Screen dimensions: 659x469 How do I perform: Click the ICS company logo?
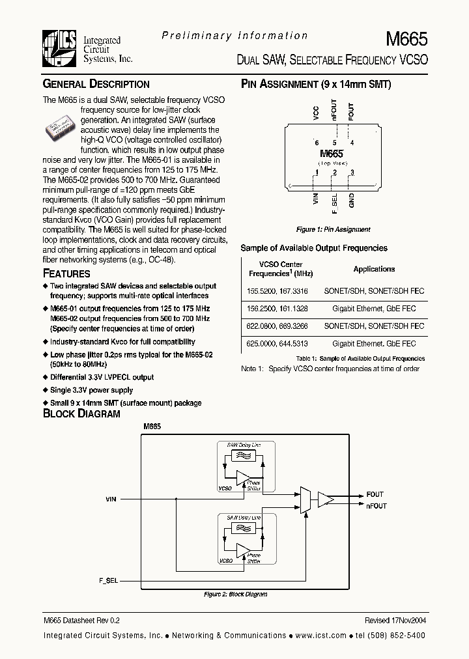point(61,49)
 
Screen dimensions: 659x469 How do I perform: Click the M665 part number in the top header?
point(406,38)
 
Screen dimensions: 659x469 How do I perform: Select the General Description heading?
point(96,84)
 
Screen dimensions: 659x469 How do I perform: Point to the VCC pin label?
point(317,112)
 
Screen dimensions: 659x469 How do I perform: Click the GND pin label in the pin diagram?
point(352,200)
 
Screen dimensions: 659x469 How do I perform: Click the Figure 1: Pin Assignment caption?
point(333,230)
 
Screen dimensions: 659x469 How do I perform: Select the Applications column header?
point(374,269)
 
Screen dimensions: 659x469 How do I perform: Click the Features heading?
point(66,273)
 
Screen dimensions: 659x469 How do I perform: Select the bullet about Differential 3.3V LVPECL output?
point(102,378)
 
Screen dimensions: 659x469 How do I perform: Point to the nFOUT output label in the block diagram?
point(376,506)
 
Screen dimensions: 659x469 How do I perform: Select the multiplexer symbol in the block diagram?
point(304,499)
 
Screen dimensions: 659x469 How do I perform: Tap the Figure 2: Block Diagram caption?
point(235,595)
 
